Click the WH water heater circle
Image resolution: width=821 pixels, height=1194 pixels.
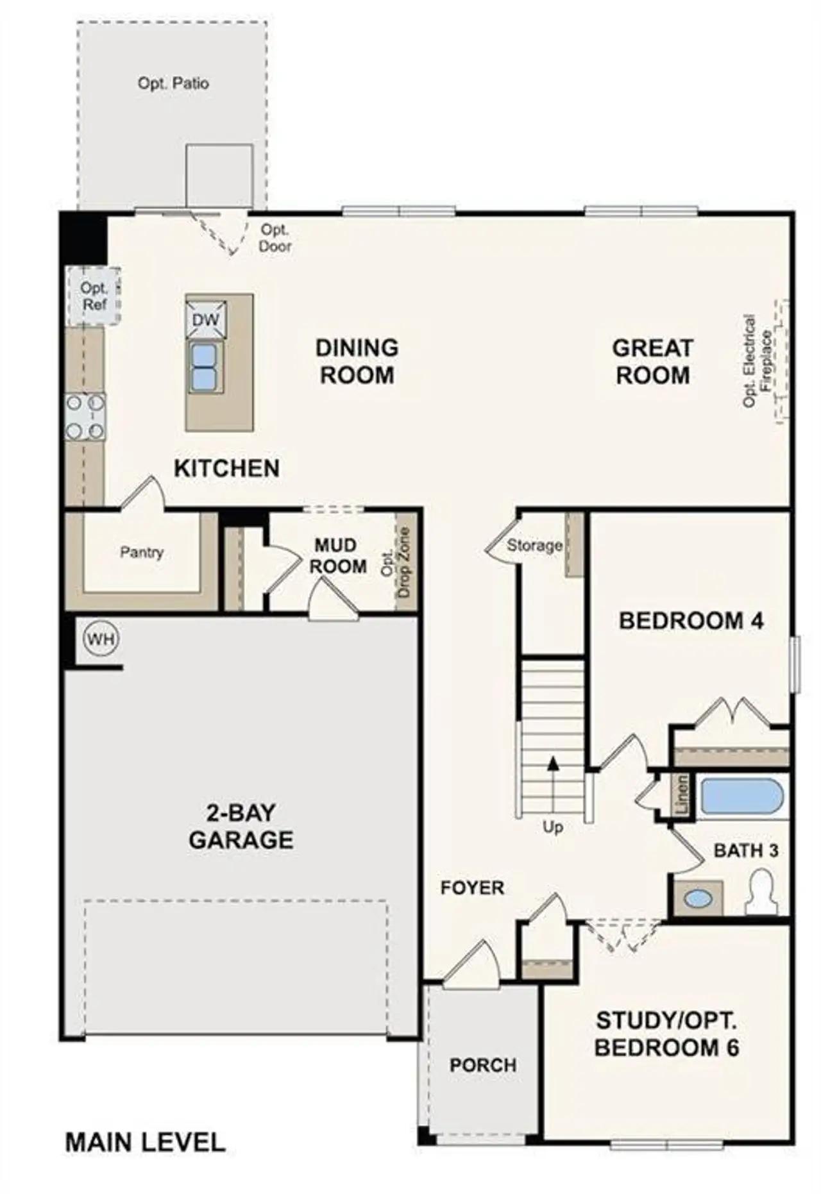(x=101, y=639)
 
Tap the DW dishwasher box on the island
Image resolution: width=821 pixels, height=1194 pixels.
(x=206, y=319)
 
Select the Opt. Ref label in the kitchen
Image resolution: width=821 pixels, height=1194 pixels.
(x=94, y=296)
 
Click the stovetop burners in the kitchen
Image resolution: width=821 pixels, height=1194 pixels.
(x=85, y=417)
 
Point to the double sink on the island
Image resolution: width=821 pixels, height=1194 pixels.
(x=205, y=366)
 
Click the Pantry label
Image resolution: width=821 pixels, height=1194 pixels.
(x=142, y=552)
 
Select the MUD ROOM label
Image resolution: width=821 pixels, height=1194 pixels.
(x=337, y=555)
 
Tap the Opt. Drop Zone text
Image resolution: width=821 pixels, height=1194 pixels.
(x=396, y=562)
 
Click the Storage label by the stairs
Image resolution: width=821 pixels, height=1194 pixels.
(x=534, y=546)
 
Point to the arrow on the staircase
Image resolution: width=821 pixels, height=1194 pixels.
(x=553, y=763)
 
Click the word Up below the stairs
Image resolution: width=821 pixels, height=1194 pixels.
(x=553, y=827)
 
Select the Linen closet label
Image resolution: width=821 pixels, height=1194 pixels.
(x=682, y=795)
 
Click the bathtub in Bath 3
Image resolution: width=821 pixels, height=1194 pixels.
(x=741, y=796)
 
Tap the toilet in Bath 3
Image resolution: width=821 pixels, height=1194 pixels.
(x=761, y=893)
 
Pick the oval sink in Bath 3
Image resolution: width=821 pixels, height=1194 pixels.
(x=697, y=898)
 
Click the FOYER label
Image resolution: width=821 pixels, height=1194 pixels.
(x=472, y=888)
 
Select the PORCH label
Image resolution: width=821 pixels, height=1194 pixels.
(x=483, y=1065)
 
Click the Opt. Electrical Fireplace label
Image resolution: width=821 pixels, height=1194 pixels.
(x=758, y=360)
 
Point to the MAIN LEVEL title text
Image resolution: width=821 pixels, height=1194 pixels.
(x=146, y=1142)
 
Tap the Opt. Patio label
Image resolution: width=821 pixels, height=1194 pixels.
(x=173, y=83)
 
